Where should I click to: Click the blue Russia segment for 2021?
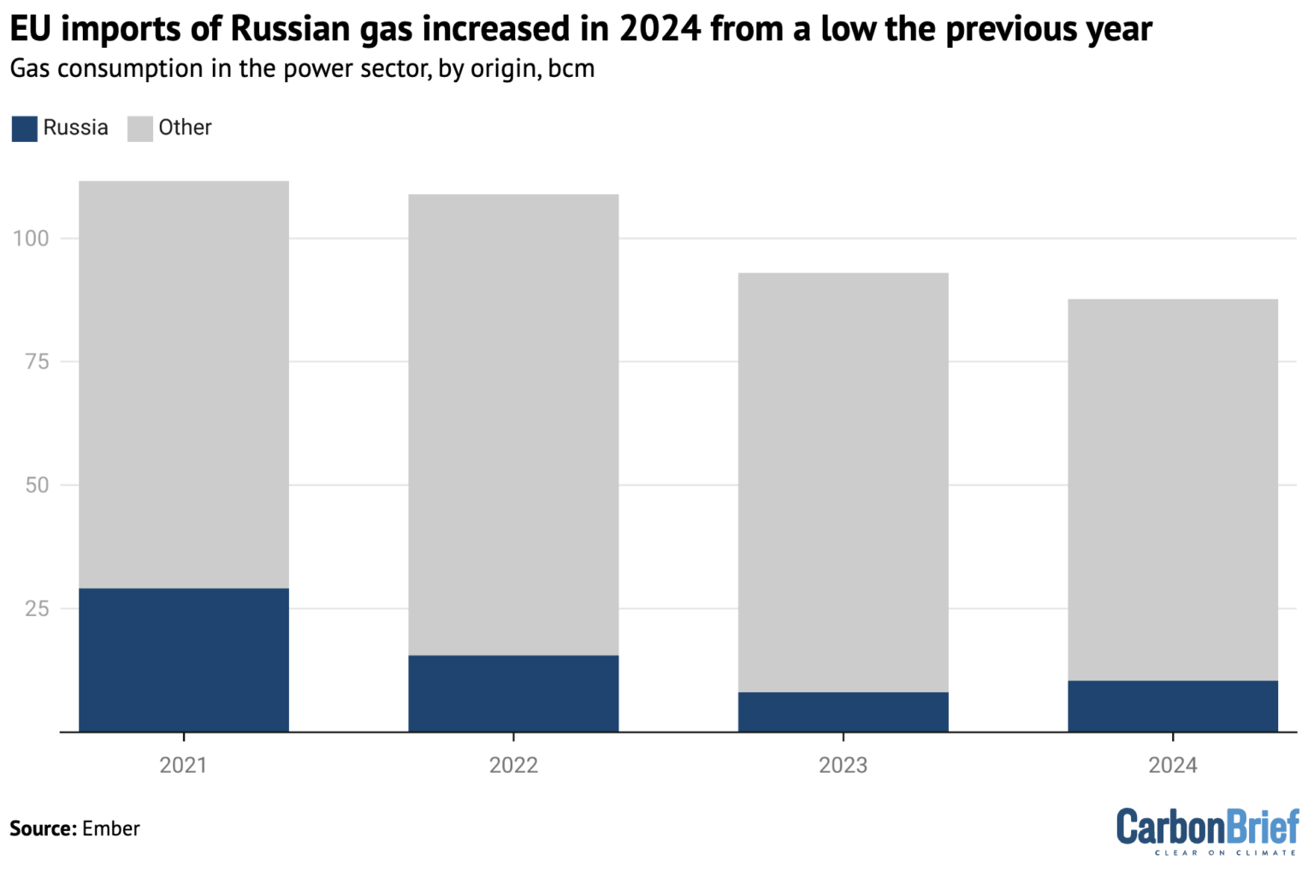point(184,660)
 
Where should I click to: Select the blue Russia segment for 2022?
point(513,693)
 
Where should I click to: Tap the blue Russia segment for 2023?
point(843,712)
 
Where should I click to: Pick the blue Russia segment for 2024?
point(1172,706)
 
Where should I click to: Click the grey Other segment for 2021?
point(184,385)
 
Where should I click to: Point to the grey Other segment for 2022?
point(513,425)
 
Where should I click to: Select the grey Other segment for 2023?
point(843,483)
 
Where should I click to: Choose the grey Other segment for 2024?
point(1172,490)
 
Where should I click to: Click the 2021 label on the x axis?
point(183,765)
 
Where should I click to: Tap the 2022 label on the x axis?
point(513,765)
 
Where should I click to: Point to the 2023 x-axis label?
point(843,765)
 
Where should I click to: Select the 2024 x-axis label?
point(1172,765)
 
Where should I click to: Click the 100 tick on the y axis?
point(31,239)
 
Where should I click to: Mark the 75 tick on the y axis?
point(37,362)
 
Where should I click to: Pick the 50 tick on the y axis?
point(37,485)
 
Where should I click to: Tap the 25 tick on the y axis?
point(37,609)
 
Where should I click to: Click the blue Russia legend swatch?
point(25,129)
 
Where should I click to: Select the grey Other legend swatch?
point(139,129)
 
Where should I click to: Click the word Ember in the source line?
point(110,828)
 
